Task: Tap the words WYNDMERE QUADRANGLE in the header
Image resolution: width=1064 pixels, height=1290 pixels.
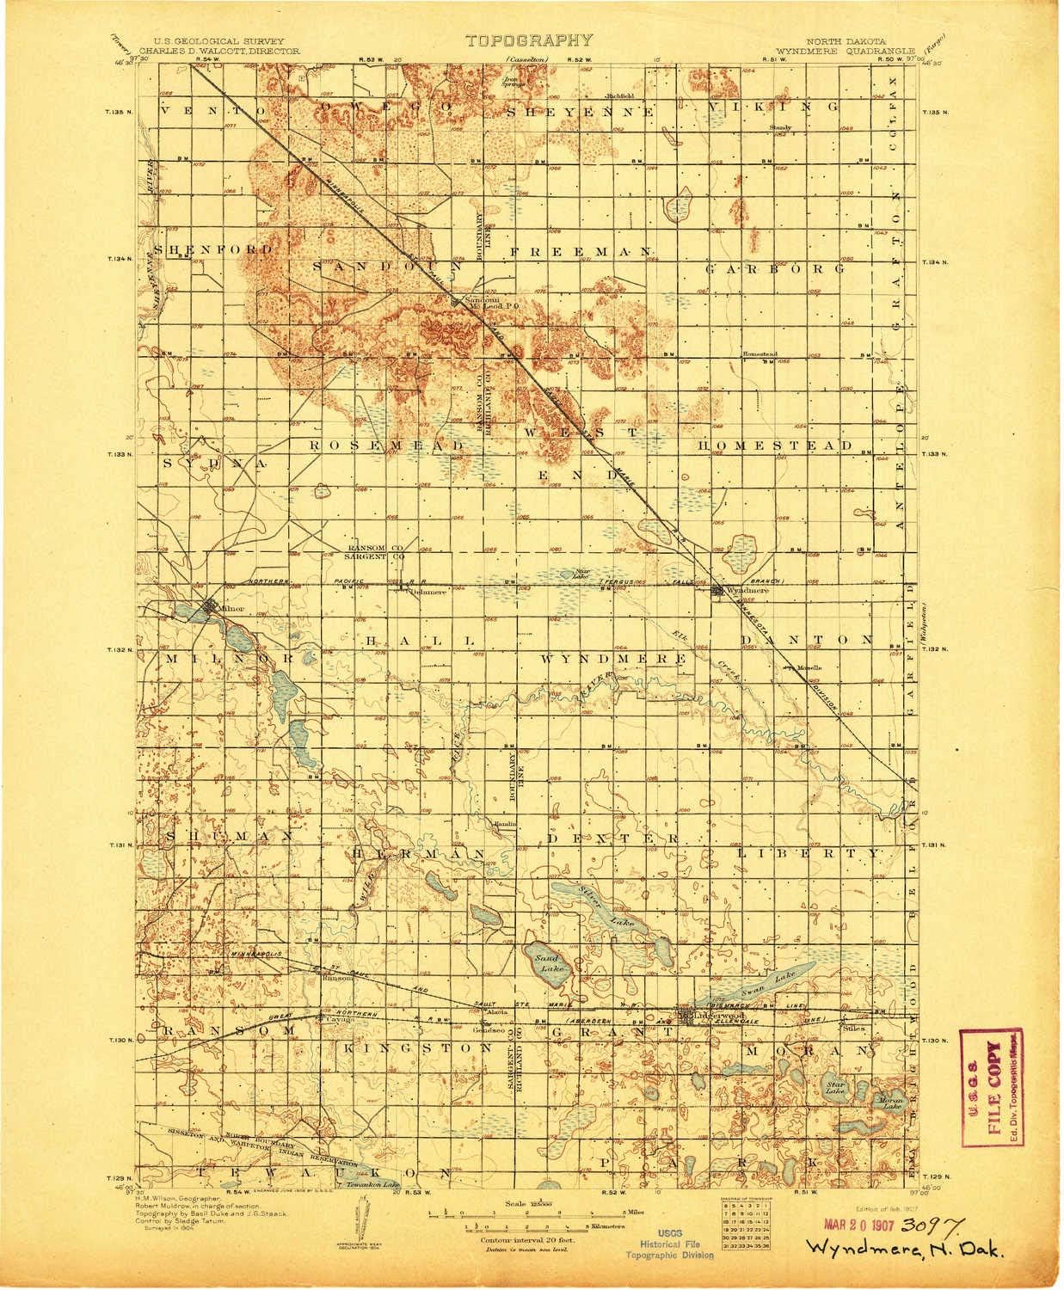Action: [842, 50]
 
